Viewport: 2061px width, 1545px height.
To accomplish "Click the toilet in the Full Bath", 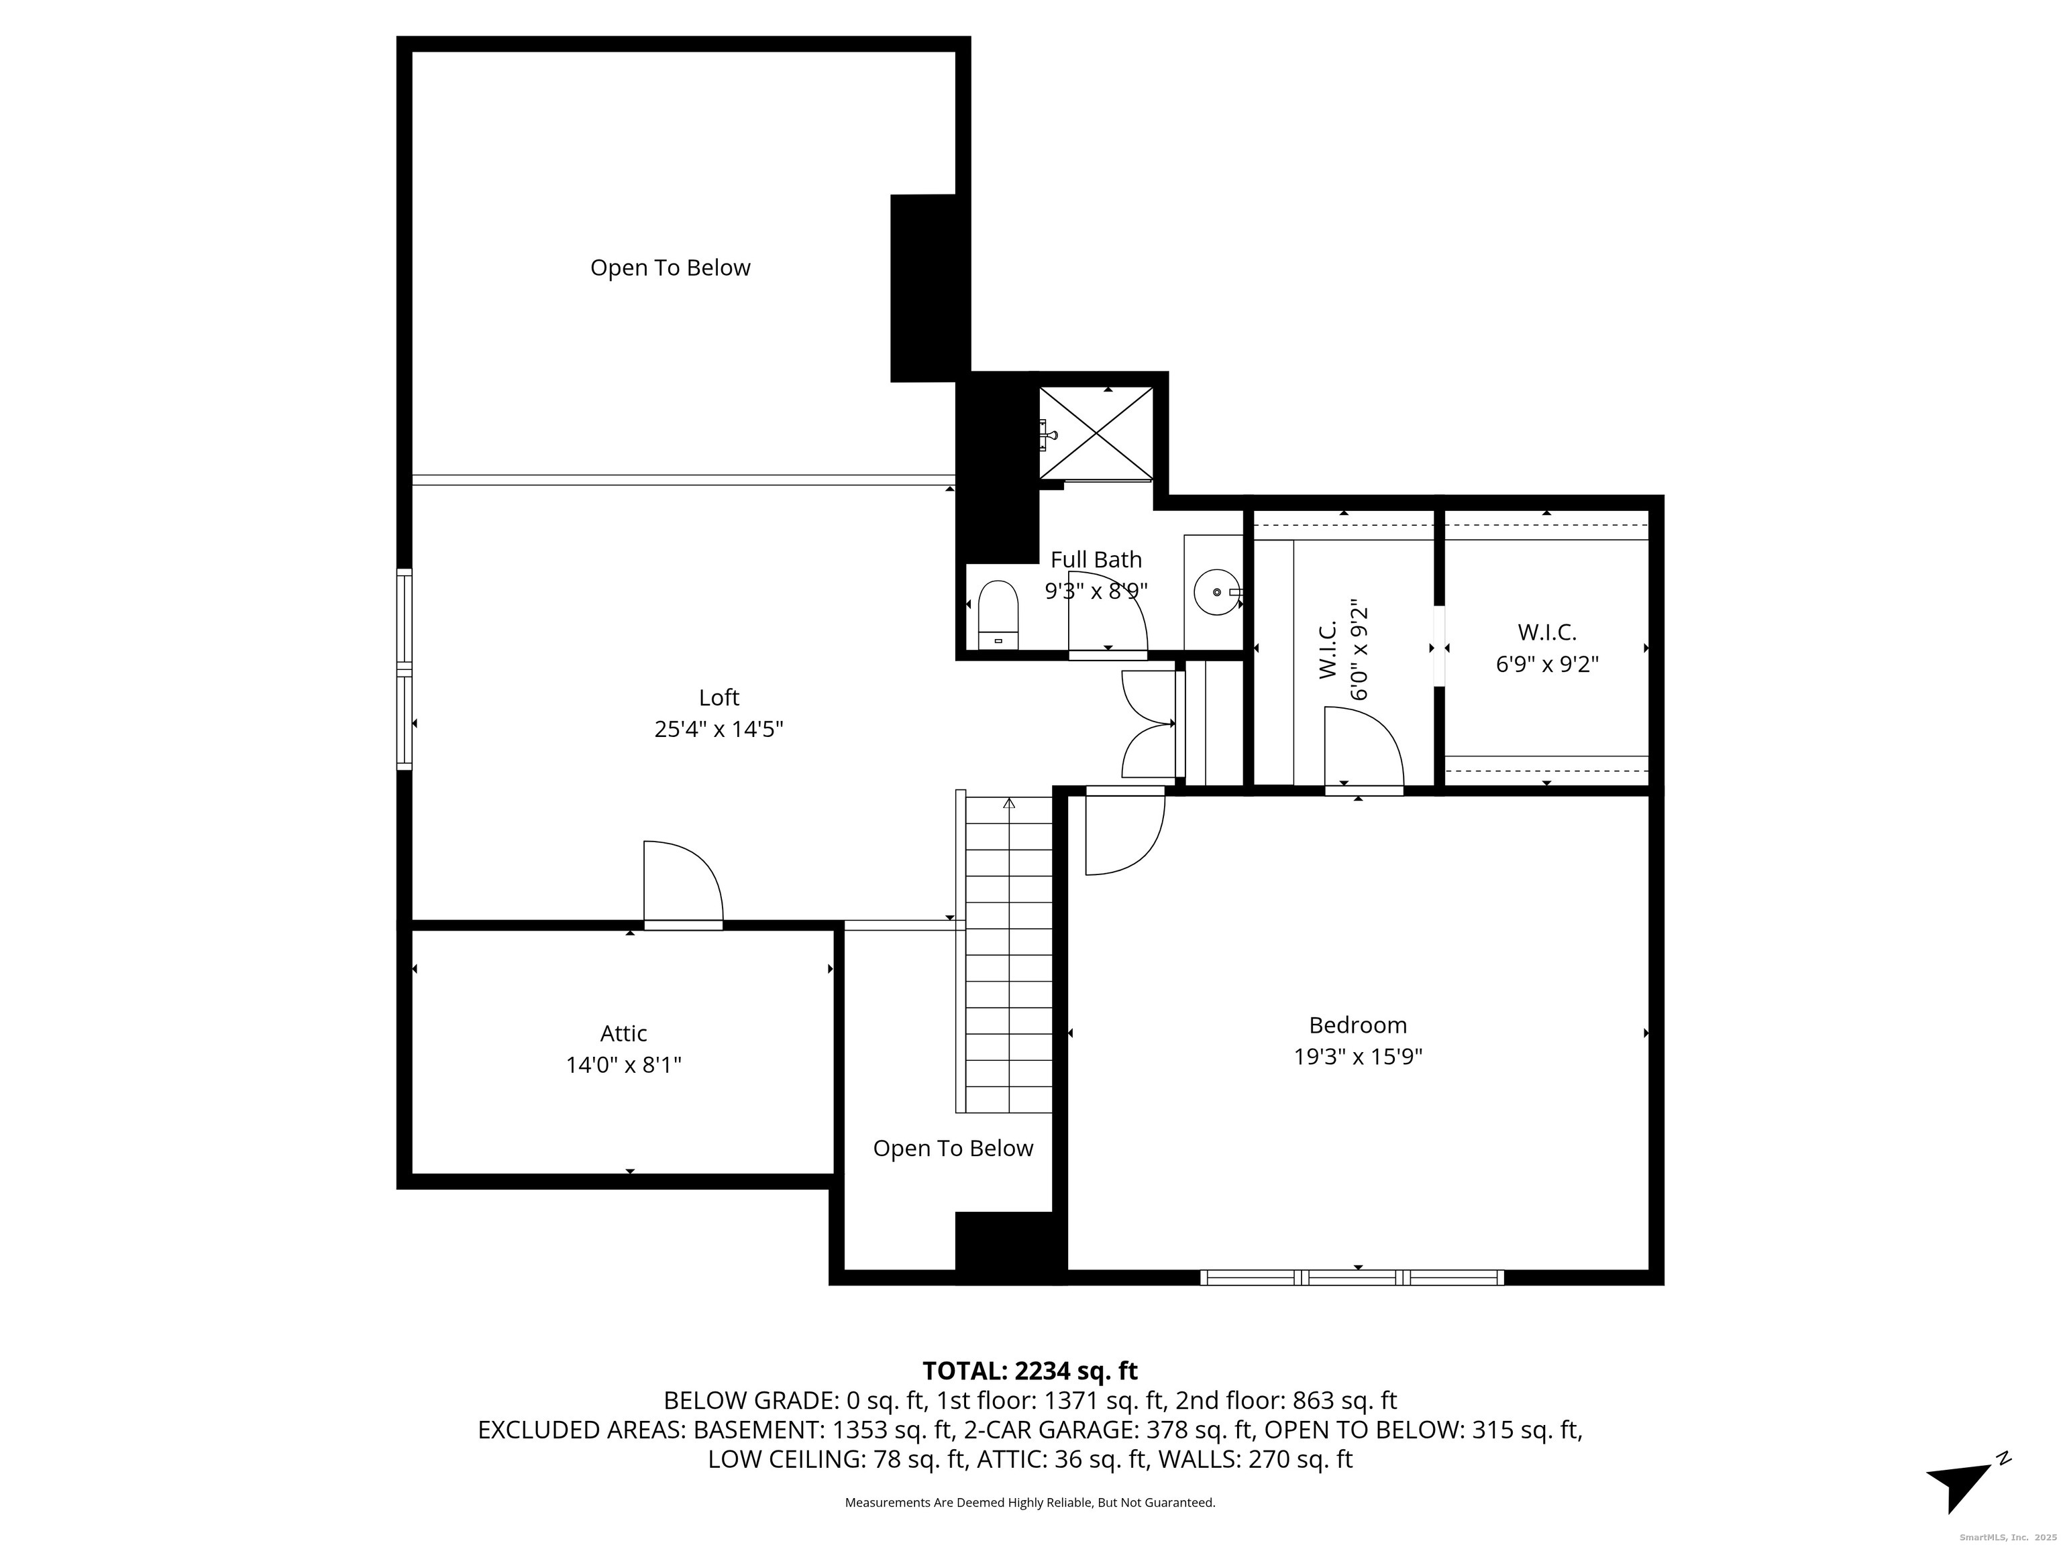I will coord(998,615).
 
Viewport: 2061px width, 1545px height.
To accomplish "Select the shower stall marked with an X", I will coord(1096,434).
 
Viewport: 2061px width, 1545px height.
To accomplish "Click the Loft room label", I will coord(719,697).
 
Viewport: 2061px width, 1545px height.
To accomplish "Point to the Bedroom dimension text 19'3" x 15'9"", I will coord(1357,1057).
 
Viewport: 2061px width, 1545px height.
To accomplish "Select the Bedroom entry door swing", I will coord(1124,832).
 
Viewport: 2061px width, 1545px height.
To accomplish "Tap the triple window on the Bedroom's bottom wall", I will coord(1351,1277).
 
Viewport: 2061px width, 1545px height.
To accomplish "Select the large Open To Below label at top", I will coord(670,268).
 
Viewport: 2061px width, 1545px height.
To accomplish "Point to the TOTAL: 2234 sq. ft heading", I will coord(1030,1371).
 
